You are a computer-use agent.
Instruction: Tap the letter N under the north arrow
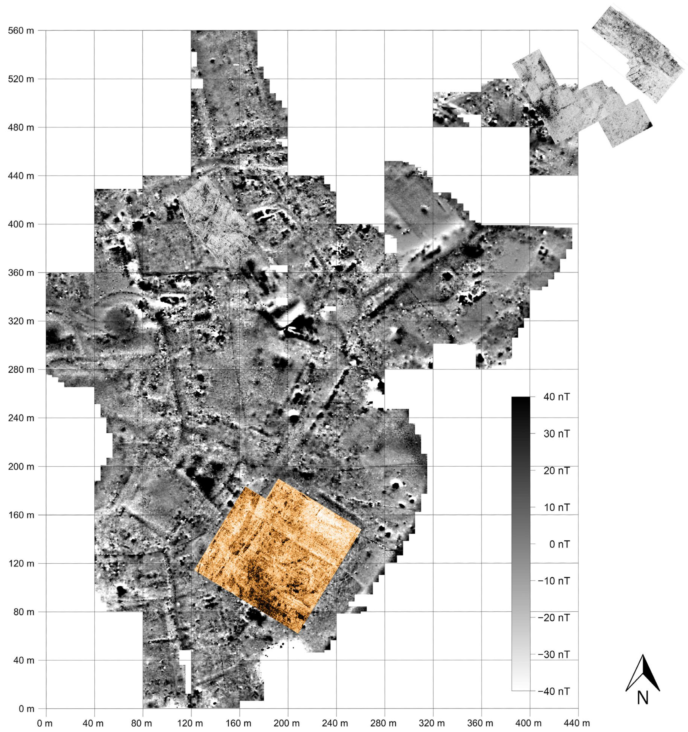pyautogui.click(x=642, y=698)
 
